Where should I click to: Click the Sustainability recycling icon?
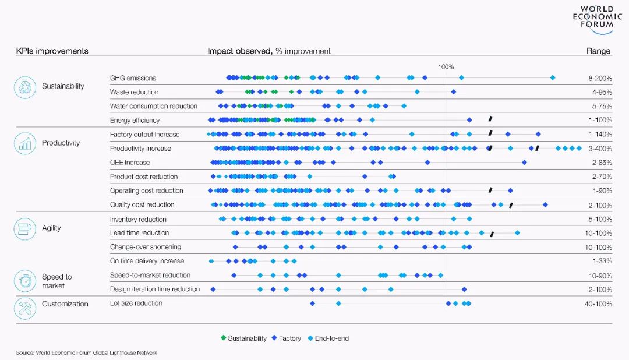point(25,87)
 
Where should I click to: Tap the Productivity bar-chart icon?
point(25,143)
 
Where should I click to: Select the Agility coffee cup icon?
point(25,228)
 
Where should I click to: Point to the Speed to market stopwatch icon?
point(25,281)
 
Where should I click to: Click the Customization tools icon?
point(25,308)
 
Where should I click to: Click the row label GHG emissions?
point(133,78)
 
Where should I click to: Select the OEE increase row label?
point(130,163)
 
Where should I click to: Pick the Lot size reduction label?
point(136,303)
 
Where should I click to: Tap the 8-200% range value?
point(600,78)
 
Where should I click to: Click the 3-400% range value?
point(600,149)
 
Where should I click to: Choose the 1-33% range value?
point(602,261)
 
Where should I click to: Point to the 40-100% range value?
point(598,304)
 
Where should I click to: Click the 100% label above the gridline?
point(446,66)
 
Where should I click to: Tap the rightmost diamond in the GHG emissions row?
point(553,77)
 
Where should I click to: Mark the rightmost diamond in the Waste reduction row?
point(454,92)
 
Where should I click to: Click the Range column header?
point(598,51)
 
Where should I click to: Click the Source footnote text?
point(87,353)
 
